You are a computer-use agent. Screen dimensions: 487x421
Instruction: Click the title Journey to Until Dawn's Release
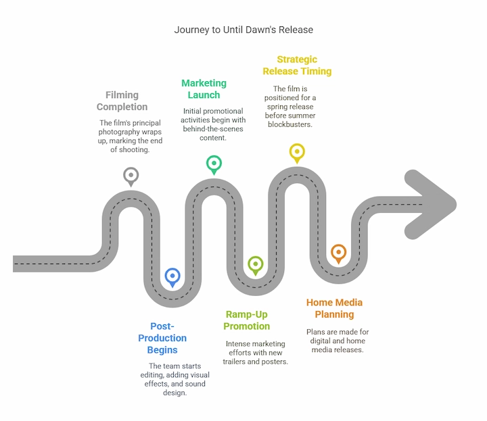[x=243, y=30]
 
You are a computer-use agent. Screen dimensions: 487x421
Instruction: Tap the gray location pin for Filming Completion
[x=131, y=177]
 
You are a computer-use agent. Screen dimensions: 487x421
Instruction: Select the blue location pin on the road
[x=172, y=278]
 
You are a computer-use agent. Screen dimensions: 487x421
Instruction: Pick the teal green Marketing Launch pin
[x=214, y=165]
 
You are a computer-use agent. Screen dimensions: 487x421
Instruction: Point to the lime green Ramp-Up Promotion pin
[x=256, y=266]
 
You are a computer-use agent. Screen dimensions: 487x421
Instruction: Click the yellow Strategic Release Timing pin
[x=297, y=153]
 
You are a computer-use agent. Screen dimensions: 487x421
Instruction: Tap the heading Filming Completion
[x=122, y=101]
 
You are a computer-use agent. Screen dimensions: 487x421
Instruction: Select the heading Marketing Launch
[x=204, y=89]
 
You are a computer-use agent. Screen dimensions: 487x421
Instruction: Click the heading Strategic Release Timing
[x=297, y=65]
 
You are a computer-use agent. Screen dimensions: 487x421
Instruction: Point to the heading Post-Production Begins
[x=162, y=338]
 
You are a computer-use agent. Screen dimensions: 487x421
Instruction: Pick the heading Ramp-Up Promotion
[x=247, y=320]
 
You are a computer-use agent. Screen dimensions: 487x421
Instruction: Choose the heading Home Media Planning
[x=334, y=308]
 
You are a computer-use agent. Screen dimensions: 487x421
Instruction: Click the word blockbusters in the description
[x=290, y=124]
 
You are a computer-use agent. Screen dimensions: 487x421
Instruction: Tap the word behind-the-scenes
[x=213, y=129]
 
